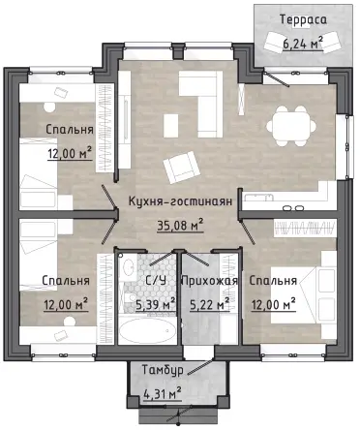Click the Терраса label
pos(303,19)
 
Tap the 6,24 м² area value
pos(303,43)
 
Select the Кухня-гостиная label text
pos(180,201)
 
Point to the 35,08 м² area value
pos(180,225)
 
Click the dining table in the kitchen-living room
pos(291,125)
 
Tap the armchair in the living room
pos(180,167)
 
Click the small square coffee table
pos(171,126)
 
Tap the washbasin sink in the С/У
pos(128,266)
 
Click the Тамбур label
pos(163,370)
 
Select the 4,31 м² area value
pos(162,394)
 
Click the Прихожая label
pos(210,281)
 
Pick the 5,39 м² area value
pos(156,304)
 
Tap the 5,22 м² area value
pos(210,304)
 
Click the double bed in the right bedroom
pos(303,294)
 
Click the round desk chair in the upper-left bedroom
pos(49,108)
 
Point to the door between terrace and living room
pos(276,78)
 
